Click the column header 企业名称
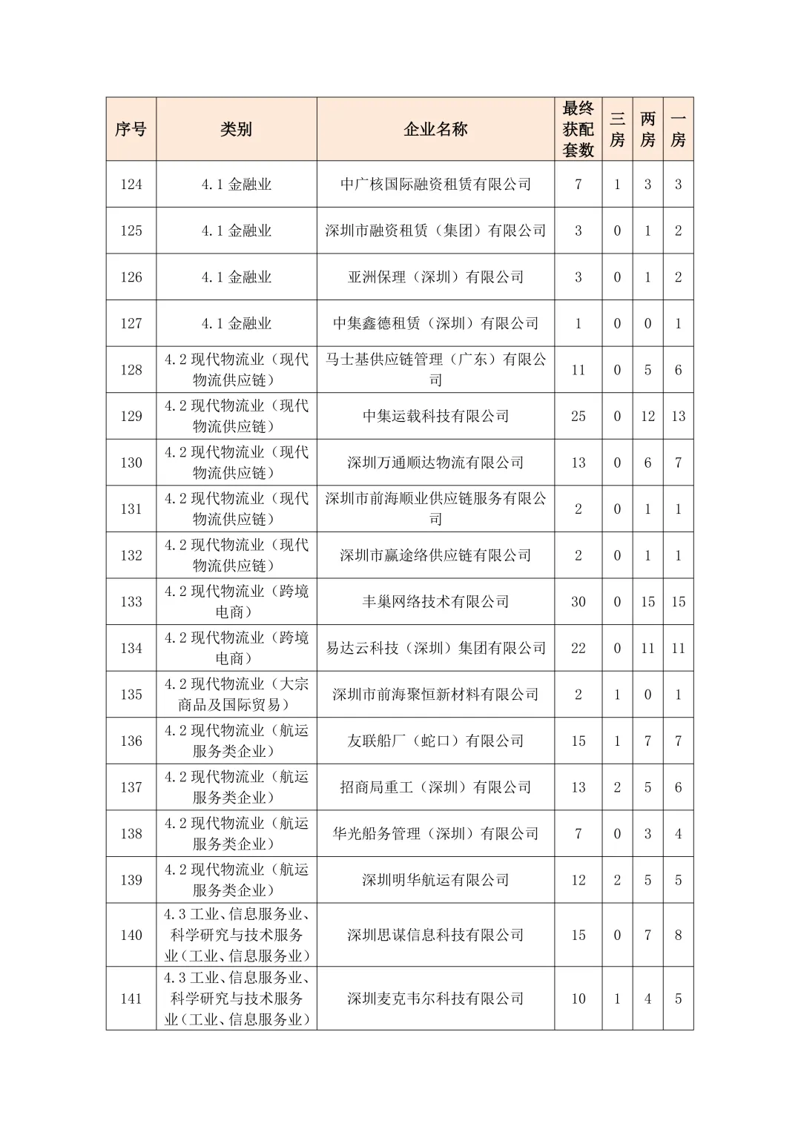click(435, 129)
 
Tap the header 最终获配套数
click(578, 129)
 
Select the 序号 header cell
click(131, 129)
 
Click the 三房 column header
click(617, 129)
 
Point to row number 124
click(131, 184)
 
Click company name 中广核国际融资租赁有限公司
click(435, 184)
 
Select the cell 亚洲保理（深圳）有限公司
click(435, 277)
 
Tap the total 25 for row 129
click(578, 416)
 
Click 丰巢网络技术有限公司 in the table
click(435, 601)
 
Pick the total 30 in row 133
click(578, 601)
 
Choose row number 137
click(131, 787)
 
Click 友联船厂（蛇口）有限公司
click(435, 741)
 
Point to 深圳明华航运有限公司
click(435, 880)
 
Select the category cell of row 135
click(236, 694)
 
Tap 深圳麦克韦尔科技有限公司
click(435, 999)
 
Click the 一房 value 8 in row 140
click(678, 935)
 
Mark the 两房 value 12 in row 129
click(647, 416)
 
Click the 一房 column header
click(678, 129)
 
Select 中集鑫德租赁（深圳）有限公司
click(435, 323)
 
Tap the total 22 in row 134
click(578, 648)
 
